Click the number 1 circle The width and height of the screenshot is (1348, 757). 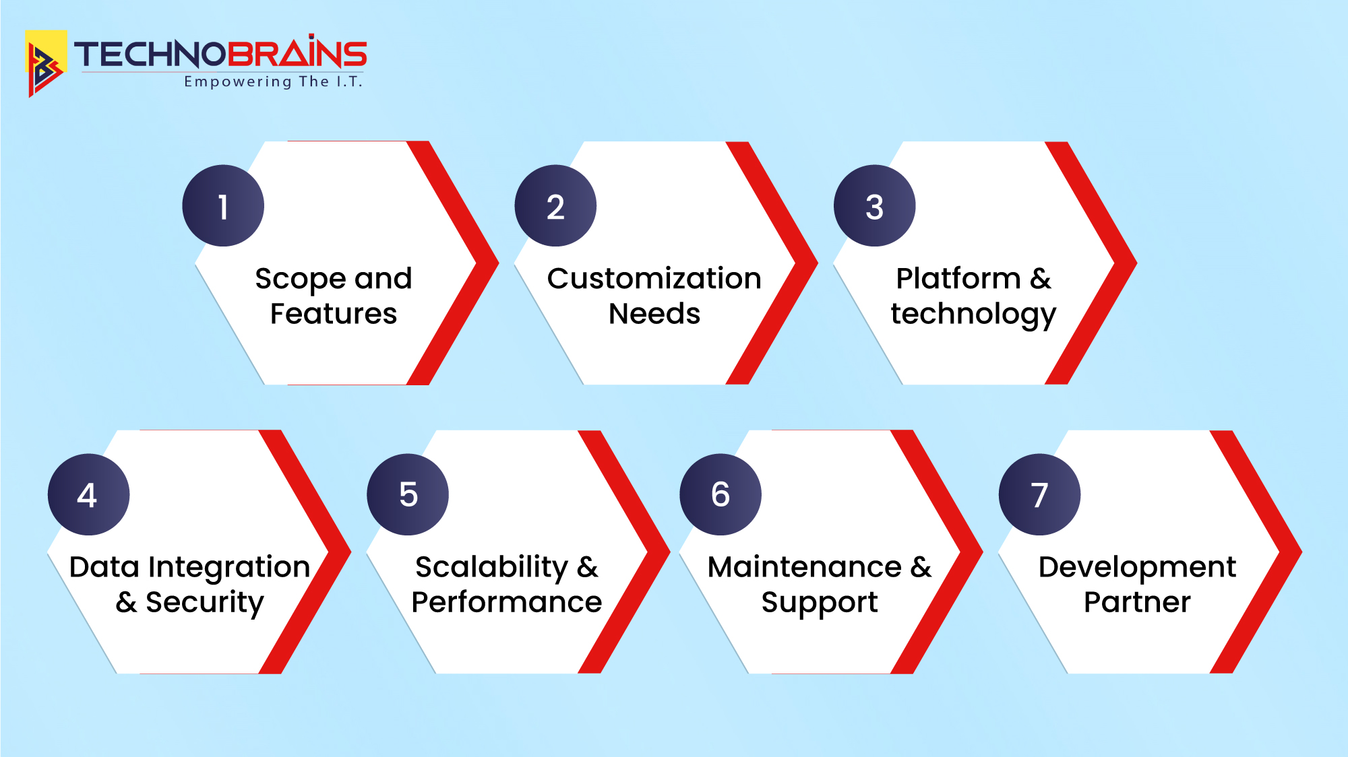[x=223, y=205]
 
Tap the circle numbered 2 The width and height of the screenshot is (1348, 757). [x=555, y=205]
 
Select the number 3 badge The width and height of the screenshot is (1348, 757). [x=875, y=205]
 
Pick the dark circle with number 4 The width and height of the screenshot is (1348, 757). [x=88, y=494]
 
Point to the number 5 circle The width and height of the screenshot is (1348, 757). [x=408, y=494]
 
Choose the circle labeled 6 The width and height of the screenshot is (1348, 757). [x=721, y=494]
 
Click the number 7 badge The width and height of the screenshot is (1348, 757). [x=1039, y=494]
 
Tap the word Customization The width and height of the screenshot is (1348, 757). [x=654, y=278]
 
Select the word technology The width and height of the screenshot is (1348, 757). [x=973, y=315]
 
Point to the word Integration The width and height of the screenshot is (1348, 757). [x=229, y=568]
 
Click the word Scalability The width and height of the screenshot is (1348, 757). [x=492, y=568]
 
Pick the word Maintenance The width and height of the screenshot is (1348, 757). [x=805, y=567]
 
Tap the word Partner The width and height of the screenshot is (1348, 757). [x=1137, y=602]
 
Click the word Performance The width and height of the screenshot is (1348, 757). [x=506, y=602]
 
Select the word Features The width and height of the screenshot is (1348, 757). [x=334, y=314]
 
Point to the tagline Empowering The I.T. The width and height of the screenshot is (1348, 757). [x=274, y=82]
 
